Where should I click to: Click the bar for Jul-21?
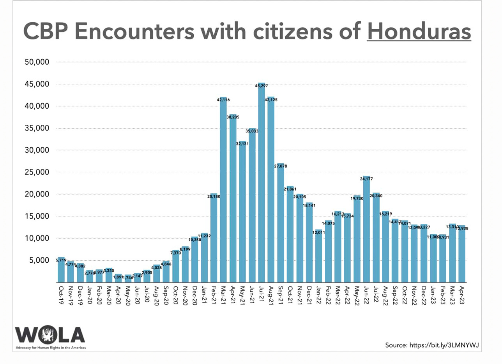click(x=262, y=183)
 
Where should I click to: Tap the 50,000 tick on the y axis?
click(x=36, y=62)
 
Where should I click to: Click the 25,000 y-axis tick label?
click(x=36, y=172)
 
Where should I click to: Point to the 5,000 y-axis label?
click(x=39, y=260)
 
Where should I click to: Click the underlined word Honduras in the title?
click(x=419, y=31)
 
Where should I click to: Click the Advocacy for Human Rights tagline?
click(x=51, y=347)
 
